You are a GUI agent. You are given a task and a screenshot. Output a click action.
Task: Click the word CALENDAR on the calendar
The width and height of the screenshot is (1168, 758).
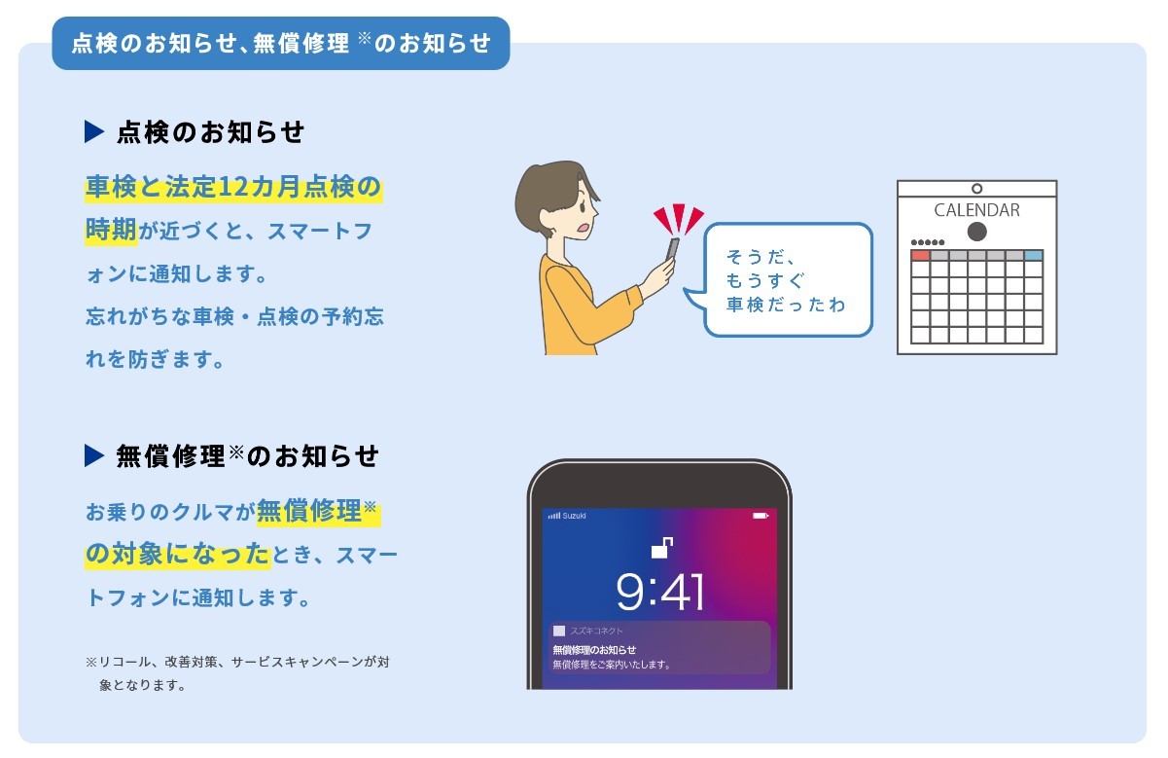coord(976,210)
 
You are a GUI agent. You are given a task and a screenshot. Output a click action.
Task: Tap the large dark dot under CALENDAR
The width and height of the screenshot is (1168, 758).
coord(976,232)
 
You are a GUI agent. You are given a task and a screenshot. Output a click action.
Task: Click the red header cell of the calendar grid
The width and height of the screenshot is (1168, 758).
coord(920,255)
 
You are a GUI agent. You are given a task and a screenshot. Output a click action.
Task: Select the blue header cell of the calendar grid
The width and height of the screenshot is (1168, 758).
coord(1034,255)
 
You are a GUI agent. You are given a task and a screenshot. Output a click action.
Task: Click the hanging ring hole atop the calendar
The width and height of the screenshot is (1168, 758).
coord(976,189)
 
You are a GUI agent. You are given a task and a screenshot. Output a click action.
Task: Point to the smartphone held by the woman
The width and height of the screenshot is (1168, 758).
coord(673,249)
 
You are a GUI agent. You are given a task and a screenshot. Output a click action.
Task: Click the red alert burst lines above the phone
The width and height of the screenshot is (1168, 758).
coord(679,219)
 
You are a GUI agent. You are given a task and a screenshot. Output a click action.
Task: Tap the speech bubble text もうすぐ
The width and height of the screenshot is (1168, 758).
coord(765,280)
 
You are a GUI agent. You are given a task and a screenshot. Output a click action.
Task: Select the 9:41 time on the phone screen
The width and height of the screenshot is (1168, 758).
coord(660,592)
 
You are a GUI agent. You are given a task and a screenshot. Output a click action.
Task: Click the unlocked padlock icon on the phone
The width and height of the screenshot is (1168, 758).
coord(661,548)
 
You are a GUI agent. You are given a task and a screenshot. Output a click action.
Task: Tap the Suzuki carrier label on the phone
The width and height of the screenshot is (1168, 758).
coord(574,516)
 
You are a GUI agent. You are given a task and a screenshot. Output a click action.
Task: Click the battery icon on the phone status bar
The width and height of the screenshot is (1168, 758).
coord(761,516)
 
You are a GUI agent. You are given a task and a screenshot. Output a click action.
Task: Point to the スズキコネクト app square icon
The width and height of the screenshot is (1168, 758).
coord(559,631)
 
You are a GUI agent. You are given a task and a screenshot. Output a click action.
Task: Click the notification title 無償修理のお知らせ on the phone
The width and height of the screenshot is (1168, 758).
coord(594,649)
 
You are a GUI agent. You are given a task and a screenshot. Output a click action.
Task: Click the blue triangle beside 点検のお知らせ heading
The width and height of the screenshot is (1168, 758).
coord(94,131)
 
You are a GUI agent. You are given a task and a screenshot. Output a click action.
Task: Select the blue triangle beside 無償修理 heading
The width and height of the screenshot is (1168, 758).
coord(94,455)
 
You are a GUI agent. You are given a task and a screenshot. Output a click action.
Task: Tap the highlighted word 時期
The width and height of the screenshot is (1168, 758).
coord(111,230)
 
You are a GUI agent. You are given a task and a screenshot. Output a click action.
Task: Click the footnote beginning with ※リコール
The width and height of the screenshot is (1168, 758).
coord(237,673)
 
